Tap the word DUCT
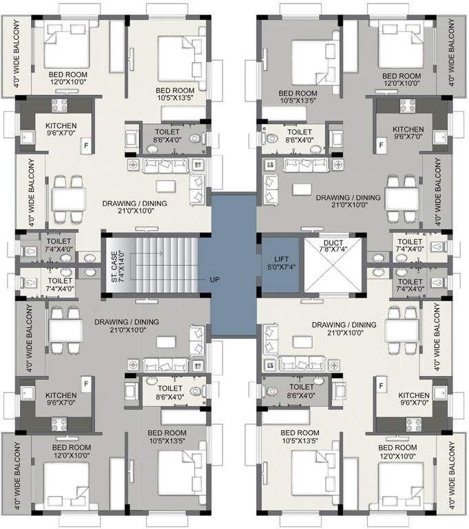(x=332, y=243)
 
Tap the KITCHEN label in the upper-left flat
(x=61, y=126)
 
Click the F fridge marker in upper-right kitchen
(x=380, y=146)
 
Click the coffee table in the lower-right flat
(x=300, y=342)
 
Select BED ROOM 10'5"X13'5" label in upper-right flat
(x=298, y=96)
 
